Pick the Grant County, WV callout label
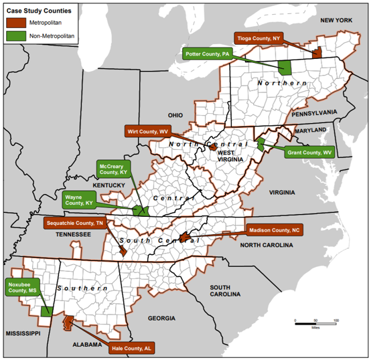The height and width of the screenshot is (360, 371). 309,153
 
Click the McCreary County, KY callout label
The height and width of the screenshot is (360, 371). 114,169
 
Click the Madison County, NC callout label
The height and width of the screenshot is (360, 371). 275,230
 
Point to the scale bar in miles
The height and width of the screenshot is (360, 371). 315,323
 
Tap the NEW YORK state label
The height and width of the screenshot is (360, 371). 336,21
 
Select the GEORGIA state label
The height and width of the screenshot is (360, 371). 161,318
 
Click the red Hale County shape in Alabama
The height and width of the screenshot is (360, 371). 68,323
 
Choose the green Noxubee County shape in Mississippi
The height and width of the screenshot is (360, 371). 47,311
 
